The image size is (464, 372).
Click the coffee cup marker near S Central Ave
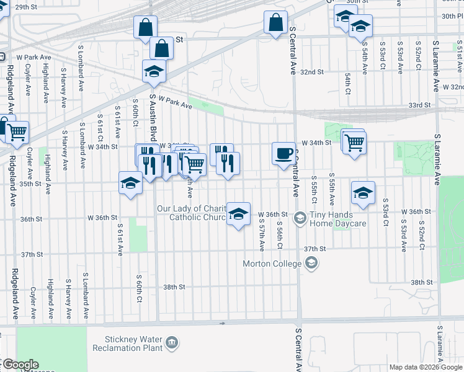click(283, 153)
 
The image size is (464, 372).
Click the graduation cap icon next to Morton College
click(311, 263)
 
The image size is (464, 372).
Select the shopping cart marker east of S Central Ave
click(354, 143)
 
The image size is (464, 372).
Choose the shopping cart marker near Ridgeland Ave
click(17, 131)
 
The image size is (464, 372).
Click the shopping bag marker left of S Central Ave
click(275, 23)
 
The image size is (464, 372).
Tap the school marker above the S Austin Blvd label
click(154, 72)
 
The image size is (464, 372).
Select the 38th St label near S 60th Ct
click(174, 287)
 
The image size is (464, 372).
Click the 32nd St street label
click(312, 72)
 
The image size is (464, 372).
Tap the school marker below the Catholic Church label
click(238, 215)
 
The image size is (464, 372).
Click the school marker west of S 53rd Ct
click(363, 193)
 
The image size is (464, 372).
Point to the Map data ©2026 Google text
click(426, 367)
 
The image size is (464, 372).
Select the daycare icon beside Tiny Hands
click(300, 218)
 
